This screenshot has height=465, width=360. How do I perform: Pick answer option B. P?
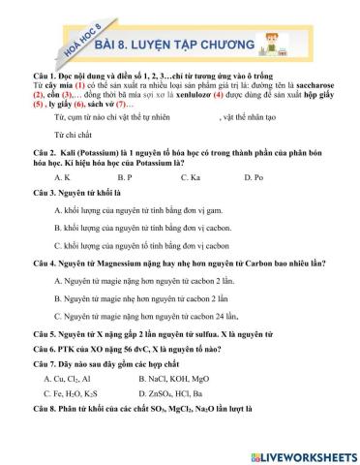point(124,177)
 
